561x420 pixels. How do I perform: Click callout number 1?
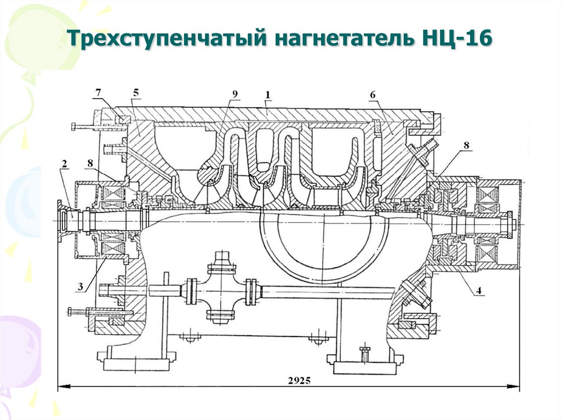[268, 95]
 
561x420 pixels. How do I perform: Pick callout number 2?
[64, 164]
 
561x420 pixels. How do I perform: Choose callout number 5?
[135, 93]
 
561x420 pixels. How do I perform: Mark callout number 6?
[373, 95]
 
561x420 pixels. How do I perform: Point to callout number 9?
[234, 94]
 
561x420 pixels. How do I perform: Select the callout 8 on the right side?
[466, 146]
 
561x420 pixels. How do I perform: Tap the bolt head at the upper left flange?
[73, 127]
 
